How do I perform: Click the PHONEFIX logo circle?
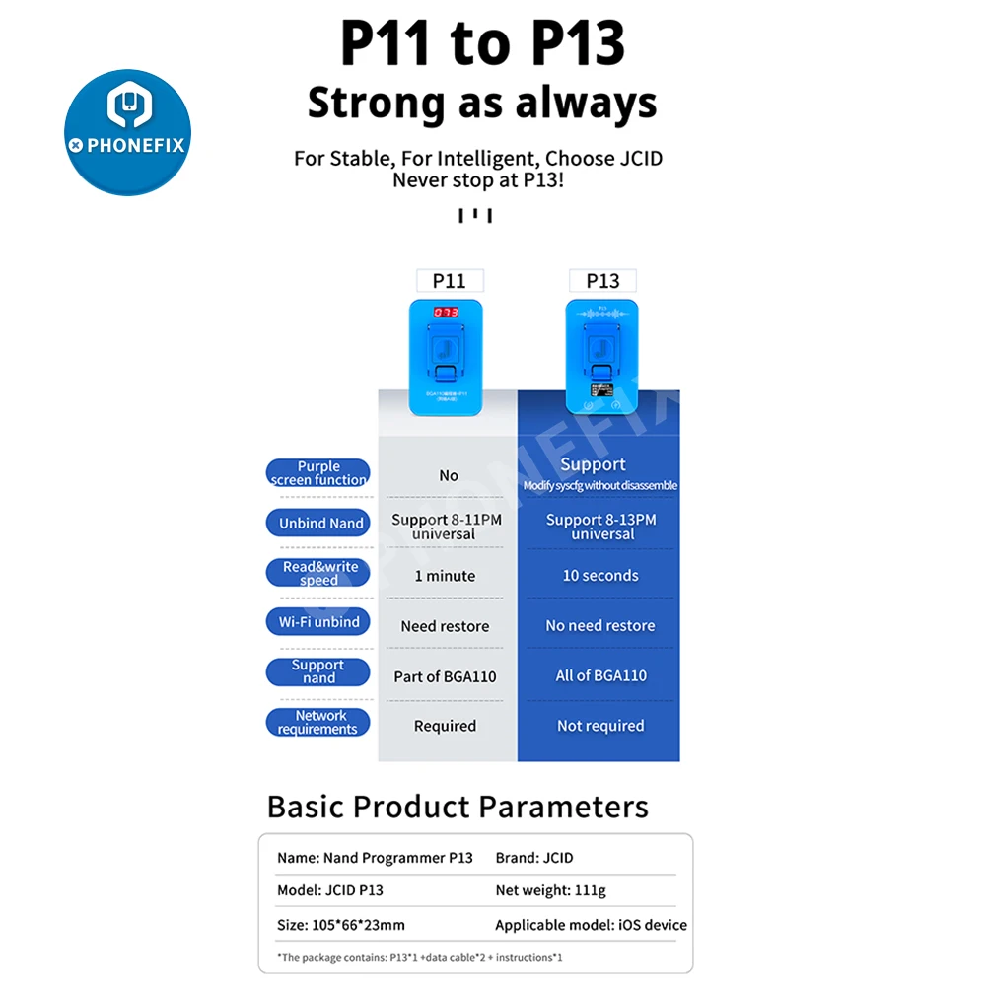(127, 132)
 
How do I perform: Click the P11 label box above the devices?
(449, 280)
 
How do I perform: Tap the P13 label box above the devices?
(602, 280)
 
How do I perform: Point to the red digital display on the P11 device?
(446, 312)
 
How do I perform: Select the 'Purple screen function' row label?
(318, 473)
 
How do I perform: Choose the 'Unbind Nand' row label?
(318, 524)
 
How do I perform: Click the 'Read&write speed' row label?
(318, 574)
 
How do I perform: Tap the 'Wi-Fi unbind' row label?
(318, 622)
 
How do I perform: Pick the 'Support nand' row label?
(318, 671)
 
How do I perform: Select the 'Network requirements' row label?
(318, 723)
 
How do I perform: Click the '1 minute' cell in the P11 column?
(445, 576)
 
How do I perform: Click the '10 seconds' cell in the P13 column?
(600, 576)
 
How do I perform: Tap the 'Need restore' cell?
(445, 626)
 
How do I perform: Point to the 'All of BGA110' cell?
(600, 676)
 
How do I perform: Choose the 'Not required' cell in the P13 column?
(600, 726)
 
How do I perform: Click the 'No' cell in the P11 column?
(449, 475)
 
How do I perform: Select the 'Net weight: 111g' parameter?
(550, 890)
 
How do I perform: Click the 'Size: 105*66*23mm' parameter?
(341, 925)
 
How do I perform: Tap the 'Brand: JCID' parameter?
(533, 858)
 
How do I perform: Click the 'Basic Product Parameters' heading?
(458, 807)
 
